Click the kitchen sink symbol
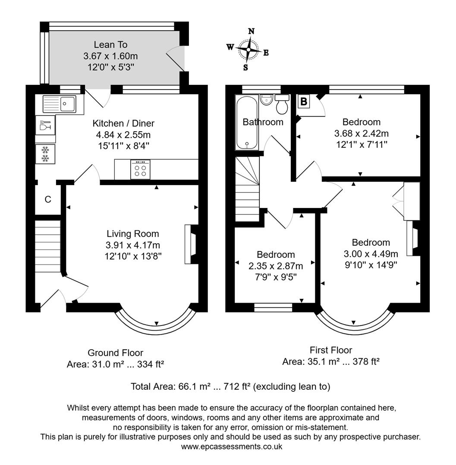[x=59, y=104]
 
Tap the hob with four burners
[x=140, y=170]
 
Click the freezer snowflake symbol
[x=45, y=154]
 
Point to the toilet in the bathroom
[x=282, y=103]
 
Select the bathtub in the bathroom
[x=247, y=123]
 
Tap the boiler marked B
[x=304, y=102]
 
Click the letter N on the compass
[x=251, y=31]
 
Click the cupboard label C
[x=48, y=199]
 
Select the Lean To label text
[x=110, y=45]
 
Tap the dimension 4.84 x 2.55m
[x=123, y=134]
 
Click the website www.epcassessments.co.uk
[x=231, y=446]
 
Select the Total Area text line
[x=230, y=387]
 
